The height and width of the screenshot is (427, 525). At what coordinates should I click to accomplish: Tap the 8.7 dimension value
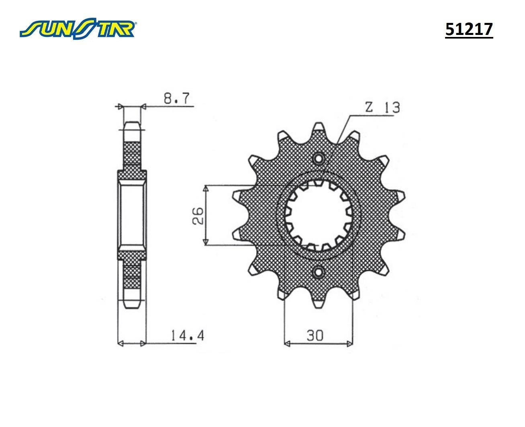(176, 98)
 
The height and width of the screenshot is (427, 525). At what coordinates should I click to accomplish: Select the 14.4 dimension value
(187, 335)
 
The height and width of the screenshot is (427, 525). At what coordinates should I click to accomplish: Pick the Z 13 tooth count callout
(382, 108)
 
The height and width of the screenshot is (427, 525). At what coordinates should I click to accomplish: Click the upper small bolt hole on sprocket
(319, 159)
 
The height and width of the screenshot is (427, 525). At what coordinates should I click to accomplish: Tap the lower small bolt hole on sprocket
(319, 273)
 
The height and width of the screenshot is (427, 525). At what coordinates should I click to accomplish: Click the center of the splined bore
(319, 216)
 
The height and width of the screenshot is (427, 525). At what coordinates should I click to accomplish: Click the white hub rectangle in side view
(132, 216)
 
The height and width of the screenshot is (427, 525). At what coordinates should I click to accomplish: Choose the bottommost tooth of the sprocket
(319, 304)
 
